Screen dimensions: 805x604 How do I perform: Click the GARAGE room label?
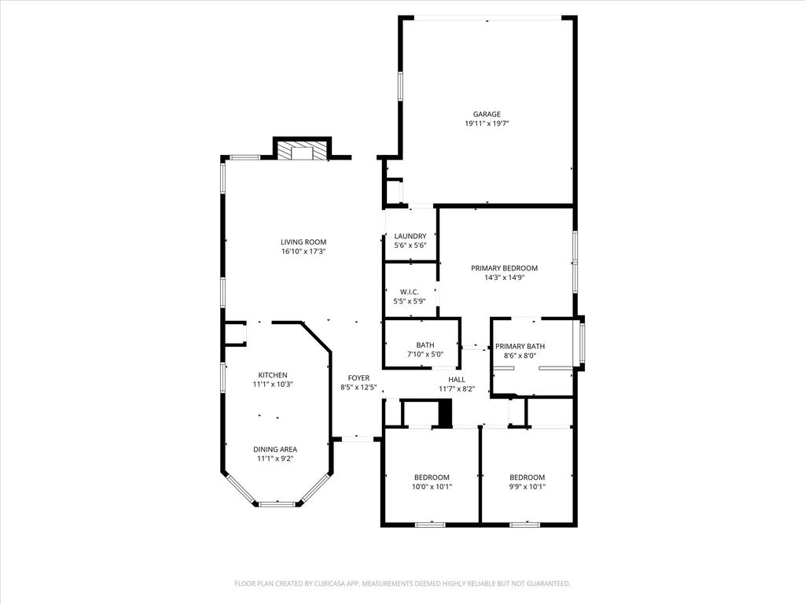pos(486,114)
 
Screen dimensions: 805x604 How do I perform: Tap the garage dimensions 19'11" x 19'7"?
pos(487,123)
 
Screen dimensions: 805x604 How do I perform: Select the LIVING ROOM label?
pos(303,242)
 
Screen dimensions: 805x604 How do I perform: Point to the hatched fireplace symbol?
pos(302,150)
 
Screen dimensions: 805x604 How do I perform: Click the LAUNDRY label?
pos(410,236)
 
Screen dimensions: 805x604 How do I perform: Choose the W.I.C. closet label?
pos(409,292)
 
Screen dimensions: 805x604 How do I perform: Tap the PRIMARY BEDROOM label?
pos(504,268)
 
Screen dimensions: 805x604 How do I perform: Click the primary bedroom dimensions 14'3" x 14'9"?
pos(504,278)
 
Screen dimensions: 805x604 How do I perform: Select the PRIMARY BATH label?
pos(520,346)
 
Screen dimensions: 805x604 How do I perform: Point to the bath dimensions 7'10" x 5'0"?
pos(425,355)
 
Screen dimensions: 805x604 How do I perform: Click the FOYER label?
pos(358,378)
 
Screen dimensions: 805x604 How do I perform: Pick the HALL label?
pos(457,380)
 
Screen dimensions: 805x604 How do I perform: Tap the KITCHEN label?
pos(273,375)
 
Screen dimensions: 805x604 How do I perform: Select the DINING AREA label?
pos(274,449)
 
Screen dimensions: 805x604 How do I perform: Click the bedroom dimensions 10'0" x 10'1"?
pos(432,486)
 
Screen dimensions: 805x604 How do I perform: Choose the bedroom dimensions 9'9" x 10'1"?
pos(527,486)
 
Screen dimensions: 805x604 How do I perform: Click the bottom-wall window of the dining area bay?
pos(278,504)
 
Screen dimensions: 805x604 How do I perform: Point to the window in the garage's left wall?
pos(400,85)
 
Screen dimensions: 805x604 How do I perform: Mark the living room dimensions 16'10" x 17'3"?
pos(303,251)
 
